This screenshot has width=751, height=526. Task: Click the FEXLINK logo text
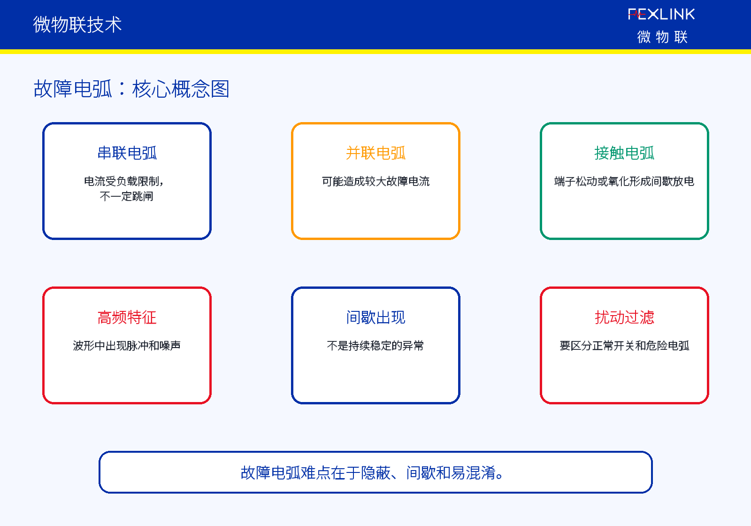(661, 14)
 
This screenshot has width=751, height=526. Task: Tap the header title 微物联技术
(77, 24)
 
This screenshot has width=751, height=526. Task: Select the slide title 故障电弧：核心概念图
(131, 89)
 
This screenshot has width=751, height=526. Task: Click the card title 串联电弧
(127, 153)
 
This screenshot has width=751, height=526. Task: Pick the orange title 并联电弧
(375, 153)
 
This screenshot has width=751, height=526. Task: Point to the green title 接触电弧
(624, 153)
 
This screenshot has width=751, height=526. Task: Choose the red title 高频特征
(127, 317)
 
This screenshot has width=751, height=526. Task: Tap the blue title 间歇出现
(375, 317)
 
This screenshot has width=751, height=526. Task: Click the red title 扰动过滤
(624, 317)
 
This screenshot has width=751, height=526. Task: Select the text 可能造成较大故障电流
(375, 181)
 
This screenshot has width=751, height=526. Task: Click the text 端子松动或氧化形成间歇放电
(624, 181)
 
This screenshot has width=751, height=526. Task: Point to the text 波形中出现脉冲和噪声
(127, 346)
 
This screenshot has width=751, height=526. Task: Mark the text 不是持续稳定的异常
(375, 346)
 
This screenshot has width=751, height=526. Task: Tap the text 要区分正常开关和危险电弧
(624, 346)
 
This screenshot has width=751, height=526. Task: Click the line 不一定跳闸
(127, 196)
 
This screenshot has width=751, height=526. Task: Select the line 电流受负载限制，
(124, 181)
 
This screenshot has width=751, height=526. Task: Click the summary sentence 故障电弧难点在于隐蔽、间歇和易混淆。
(372, 472)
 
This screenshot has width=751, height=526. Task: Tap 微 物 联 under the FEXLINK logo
(662, 37)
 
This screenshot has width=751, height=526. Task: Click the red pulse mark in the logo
(637, 15)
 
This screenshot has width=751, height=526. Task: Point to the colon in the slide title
(122, 89)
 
